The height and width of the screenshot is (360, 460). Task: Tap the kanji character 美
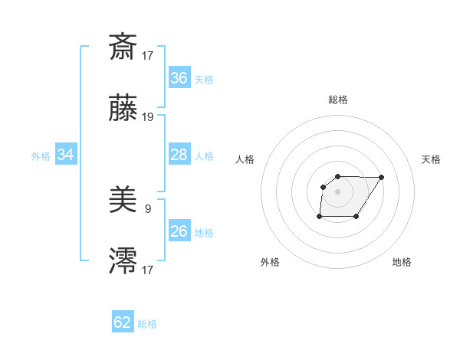123,200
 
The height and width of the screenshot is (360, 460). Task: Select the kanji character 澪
123,261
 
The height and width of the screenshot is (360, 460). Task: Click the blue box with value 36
179,77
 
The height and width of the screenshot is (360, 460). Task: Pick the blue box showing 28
179,155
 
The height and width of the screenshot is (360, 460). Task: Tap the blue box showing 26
179,231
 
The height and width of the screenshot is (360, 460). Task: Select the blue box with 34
66,155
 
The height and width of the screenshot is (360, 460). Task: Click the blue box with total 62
123,322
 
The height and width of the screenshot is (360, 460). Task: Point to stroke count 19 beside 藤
148,117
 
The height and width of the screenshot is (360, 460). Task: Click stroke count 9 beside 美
148,208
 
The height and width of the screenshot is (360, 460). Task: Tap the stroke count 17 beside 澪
148,270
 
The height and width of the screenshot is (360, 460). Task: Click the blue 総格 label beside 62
147,324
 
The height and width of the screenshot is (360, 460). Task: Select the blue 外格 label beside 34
41,155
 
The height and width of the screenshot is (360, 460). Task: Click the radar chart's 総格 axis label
338,100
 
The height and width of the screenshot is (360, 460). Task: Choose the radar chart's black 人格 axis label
245,159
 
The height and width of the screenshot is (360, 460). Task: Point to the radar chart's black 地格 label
402,262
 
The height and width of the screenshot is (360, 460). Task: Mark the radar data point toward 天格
382,177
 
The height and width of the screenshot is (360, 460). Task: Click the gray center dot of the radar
337,191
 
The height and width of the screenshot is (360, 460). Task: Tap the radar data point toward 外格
320,217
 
